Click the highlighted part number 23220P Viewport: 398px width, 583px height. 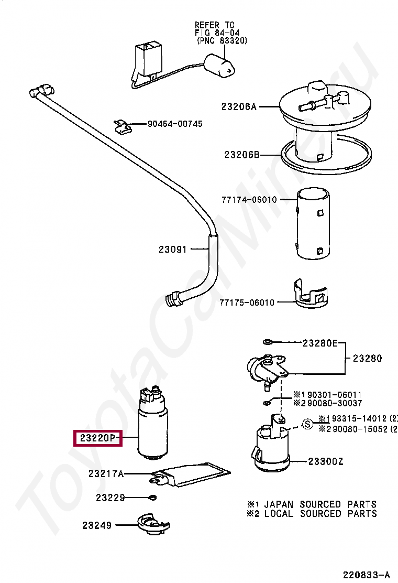[98, 437]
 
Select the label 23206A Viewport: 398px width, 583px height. [239, 106]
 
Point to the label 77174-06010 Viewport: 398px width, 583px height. [248, 200]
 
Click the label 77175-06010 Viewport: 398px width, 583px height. [247, 303]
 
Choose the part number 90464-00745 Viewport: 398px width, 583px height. [175, 124]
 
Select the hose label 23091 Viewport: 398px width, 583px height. [173, 250]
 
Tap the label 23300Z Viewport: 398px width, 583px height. [325, 461]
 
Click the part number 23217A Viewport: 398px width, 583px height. [106, 474]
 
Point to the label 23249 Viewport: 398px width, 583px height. [97, 524]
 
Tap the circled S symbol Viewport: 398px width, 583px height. [308, 423]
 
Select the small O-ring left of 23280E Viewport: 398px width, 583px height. [267, 343]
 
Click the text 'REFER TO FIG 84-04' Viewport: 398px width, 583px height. [215, 29]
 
